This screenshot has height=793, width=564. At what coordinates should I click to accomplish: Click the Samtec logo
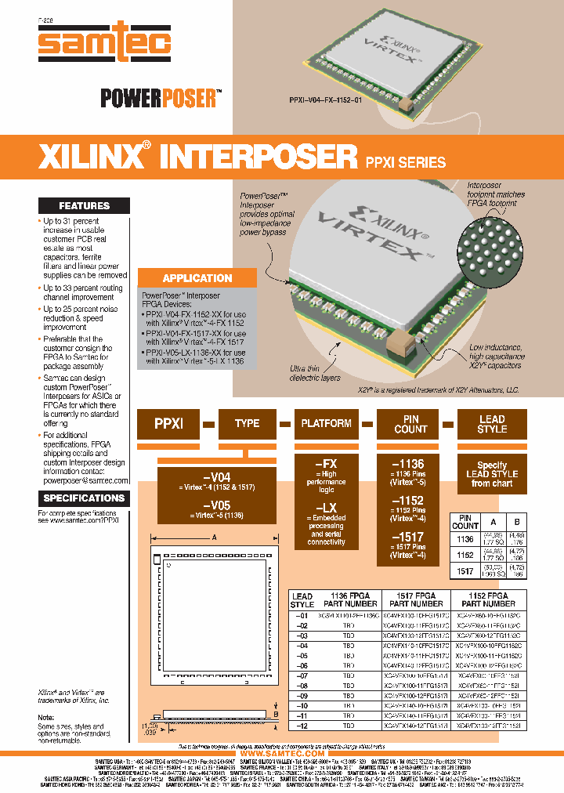(x=105, y=43)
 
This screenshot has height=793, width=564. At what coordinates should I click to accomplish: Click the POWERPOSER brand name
(x=157, y=98)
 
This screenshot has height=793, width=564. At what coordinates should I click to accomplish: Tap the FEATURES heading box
(x=85, y=205)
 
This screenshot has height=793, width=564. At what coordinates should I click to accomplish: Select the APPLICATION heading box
(x=197, y=277)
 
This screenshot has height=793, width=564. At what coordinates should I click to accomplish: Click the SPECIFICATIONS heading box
(x=84, y=498)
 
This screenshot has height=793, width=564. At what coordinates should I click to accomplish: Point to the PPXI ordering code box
(x=168, y=424)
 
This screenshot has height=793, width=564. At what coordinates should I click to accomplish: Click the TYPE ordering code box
(x=247, y=424)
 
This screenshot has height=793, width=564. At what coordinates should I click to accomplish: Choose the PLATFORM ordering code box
(x=326, y=424)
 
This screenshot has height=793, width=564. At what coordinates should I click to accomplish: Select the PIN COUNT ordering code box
(x=410, y=424)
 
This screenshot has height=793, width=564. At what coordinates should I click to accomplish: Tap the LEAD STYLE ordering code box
(x=492, y=424)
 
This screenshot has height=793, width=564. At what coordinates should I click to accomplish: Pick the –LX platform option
(x=326, y=509)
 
